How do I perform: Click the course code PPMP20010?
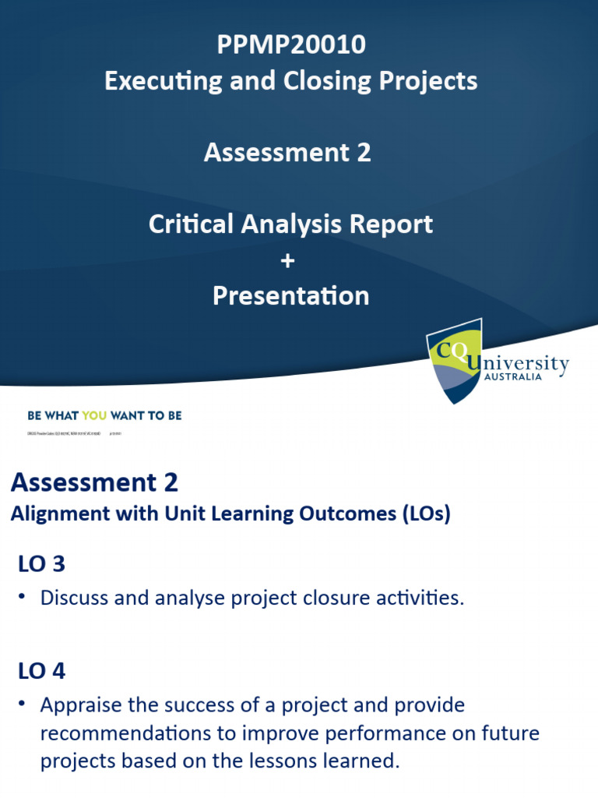291,45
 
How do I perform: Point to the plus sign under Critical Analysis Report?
289,260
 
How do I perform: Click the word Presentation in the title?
291,296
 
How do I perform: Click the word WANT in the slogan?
127,415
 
